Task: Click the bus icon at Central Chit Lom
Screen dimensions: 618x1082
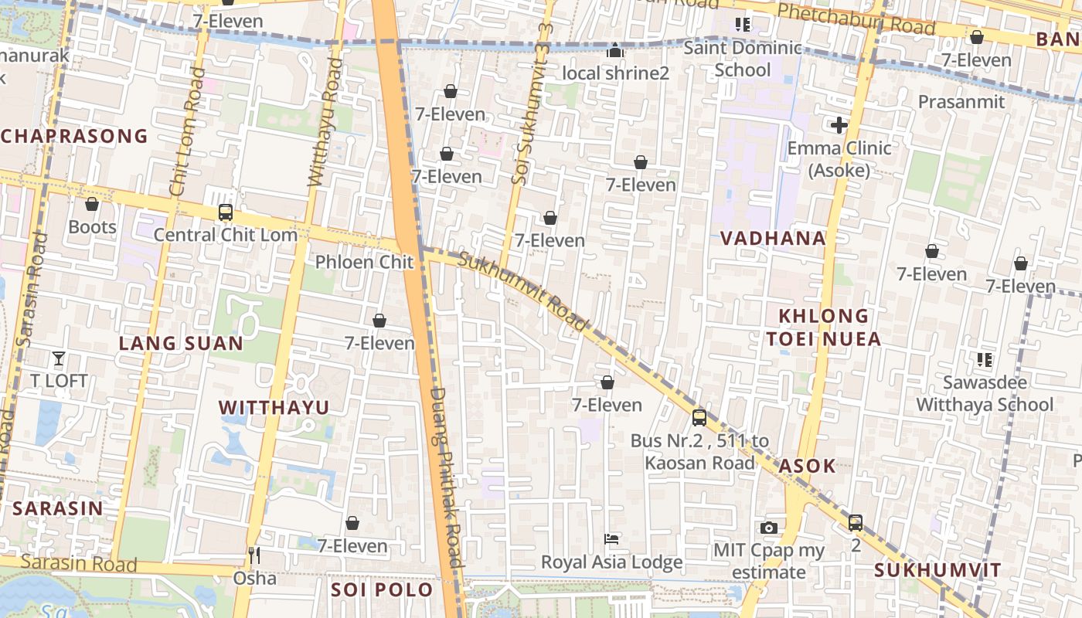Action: (226, 212)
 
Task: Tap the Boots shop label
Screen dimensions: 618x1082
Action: (92, 226)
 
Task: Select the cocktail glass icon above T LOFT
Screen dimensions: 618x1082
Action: (59, 358)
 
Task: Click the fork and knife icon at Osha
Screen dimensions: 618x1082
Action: (253, 555)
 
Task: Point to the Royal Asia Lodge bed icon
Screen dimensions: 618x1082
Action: (611, 538)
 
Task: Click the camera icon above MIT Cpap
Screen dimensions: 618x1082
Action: (768, 528)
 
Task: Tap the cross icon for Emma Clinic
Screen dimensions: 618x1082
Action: (839, 125)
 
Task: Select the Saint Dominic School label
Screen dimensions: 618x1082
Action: (743, 59)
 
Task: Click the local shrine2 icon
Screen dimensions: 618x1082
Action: (615, 51)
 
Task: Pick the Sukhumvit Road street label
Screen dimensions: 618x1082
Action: (522, 291)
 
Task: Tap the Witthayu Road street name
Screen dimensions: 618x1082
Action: (324, 122)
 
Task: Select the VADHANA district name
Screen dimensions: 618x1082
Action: (773, 238)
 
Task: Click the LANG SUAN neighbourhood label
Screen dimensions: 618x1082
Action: (181, 344)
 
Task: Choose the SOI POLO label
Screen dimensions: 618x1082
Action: (382, 590)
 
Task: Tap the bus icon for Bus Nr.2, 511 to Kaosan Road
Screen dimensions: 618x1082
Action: (699, 418)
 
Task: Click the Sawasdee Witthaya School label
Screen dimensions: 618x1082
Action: (985, 393)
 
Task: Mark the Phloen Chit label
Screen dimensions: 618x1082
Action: (364, 262)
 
